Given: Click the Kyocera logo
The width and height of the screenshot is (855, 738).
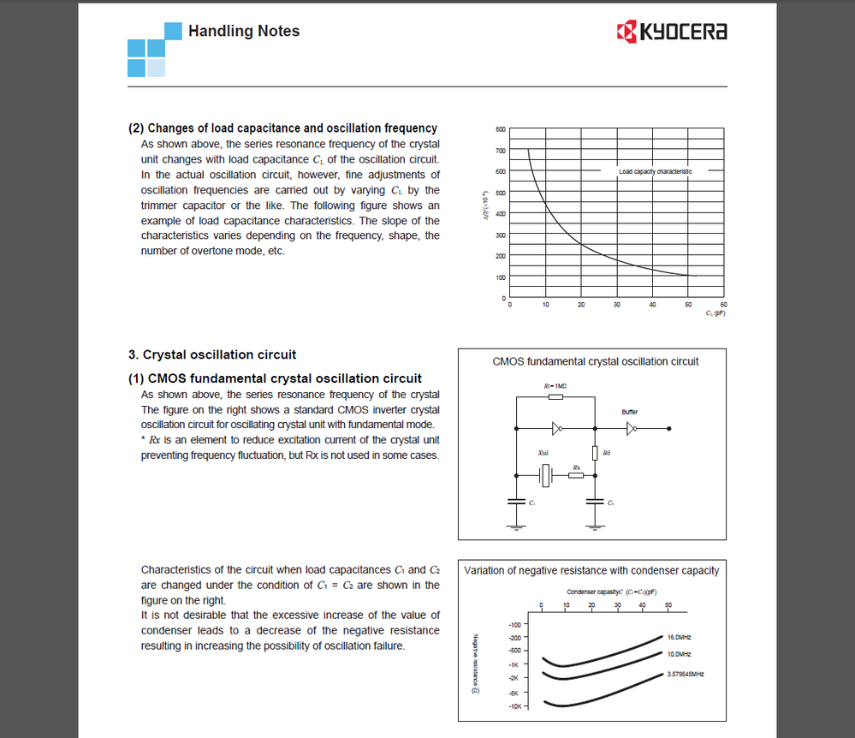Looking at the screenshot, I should (672, 33).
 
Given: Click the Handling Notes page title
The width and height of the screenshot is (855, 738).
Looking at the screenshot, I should (244, 31).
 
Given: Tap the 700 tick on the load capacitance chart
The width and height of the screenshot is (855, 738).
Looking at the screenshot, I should (500, 151).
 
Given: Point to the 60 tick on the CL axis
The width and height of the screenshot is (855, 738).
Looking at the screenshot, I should (723, 305).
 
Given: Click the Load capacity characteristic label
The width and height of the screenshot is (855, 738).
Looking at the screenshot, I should (656, 171).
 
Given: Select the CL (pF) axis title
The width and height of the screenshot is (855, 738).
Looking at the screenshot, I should (715, 313).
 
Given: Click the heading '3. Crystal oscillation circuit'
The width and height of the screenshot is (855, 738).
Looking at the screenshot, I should (212, 354).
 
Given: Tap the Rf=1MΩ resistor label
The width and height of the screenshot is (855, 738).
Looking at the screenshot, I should (555, 387).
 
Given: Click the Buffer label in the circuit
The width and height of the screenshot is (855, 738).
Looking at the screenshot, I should (630, 412).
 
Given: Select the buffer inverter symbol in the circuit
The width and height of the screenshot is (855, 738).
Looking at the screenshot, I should (632, 428).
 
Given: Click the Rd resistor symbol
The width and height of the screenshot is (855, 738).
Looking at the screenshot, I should (595, 452).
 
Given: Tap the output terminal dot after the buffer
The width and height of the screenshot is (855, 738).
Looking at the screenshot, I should (669, 428).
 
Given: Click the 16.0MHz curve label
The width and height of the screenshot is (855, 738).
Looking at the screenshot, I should (680, 638).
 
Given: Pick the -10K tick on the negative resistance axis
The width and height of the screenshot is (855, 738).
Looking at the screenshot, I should (514, 706).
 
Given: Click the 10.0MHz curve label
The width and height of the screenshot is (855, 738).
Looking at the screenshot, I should (680, 654).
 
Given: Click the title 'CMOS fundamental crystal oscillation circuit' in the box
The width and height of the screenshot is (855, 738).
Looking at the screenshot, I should (596, 361).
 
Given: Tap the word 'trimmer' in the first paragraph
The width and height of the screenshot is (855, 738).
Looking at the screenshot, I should (160, 205).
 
